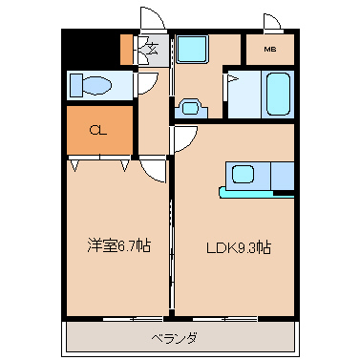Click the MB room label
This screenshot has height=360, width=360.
coord(270,50)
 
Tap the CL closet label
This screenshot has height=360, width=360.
coord(98,130)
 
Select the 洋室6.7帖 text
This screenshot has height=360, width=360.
coord(118,245)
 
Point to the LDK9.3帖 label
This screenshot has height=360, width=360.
coord(239,247)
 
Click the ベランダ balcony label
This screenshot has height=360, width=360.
coord(174,337)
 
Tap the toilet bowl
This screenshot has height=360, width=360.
coord(96,85)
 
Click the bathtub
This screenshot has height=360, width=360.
coord(279,94)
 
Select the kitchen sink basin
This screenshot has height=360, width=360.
coord(243,175)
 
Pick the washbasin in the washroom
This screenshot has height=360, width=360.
coord(191,108)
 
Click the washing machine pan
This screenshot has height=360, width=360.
coord(192,50)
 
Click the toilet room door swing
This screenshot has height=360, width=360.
coord(147,84)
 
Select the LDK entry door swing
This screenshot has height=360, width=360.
coord(185,138)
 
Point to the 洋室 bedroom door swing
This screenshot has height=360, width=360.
coord(153,171)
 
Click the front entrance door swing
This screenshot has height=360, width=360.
coord(153,18)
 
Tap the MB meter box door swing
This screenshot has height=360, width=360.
coord(272,22)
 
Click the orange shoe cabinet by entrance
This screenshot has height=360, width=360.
coord(126,50)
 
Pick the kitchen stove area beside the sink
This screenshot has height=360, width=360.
coord(283,176)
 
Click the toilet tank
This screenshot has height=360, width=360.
coord(76,85)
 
